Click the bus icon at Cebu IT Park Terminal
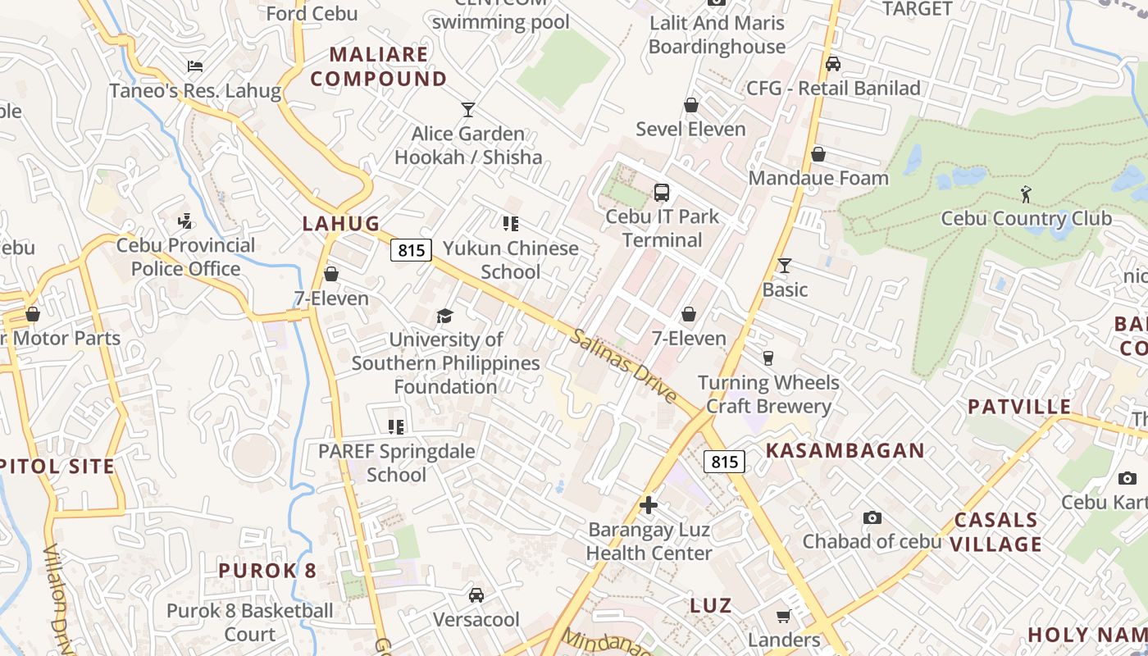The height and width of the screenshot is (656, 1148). click(x=662, y=193)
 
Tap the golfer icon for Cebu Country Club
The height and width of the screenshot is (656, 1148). click(x=1026, y=194)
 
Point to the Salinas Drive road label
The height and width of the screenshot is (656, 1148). click(x=624, y=366)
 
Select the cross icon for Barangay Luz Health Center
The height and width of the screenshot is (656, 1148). click(x=649, y=505)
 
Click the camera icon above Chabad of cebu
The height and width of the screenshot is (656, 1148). click(x=872, y=517)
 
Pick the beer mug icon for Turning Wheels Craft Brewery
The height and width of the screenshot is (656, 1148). click(x=768, y=358)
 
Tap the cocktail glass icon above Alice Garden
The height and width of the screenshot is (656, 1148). click(x=468, y=109)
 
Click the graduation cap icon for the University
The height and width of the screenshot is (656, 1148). click(x=444, y=316)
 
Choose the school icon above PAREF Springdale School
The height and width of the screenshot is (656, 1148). click(x=397, y=426)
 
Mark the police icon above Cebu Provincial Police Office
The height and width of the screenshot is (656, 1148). click(x=185, y=221)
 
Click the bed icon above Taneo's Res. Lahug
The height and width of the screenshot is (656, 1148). click(x=195, y=66)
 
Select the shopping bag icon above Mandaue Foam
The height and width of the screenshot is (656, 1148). click(x=818, y=154)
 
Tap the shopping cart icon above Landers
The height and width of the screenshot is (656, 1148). click(x=783, y=616)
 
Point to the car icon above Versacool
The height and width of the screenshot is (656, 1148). click(x=476, y=595)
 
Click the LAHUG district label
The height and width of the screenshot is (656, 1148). click(x=341, y=223)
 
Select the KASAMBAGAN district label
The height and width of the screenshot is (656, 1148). click(x=845, y=450)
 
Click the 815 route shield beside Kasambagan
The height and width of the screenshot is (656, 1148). click(x=724, y=462)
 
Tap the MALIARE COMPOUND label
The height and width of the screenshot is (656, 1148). click(x=378, y=66)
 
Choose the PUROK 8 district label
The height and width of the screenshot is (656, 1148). click(x=267, y=571)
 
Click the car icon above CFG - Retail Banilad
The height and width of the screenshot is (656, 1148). click(x=833, y=64)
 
